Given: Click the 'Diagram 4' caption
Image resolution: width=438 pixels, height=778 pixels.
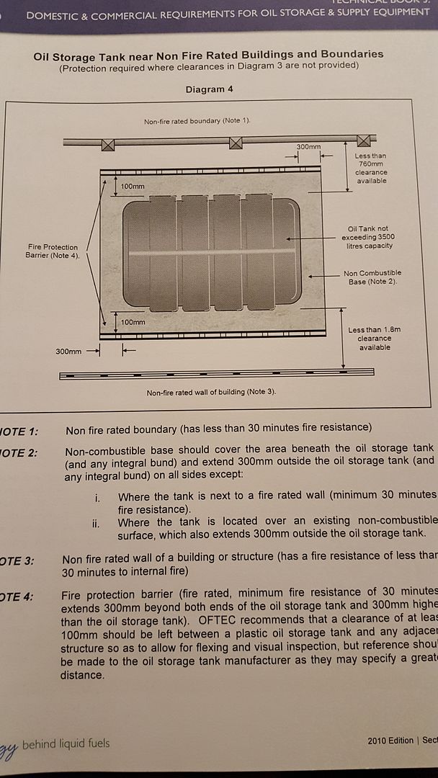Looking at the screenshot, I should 208,90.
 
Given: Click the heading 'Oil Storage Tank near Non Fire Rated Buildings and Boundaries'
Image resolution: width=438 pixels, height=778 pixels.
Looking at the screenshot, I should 208,54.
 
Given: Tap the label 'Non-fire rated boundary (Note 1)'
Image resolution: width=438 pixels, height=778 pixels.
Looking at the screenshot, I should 197,121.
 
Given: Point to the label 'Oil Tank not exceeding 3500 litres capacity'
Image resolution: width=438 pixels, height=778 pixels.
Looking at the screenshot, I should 367,238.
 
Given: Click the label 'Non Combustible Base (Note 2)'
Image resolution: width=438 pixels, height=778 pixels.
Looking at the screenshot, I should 372,277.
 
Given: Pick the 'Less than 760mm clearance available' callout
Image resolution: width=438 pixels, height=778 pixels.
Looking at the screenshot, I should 372,168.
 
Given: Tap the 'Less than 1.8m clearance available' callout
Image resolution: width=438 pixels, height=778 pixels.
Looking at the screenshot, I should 375,339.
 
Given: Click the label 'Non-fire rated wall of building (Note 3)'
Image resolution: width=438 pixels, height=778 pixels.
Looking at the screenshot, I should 211,393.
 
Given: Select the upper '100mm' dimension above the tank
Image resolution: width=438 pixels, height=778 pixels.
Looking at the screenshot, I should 133,187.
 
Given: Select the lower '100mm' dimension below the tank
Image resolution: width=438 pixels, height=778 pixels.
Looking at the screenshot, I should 133,321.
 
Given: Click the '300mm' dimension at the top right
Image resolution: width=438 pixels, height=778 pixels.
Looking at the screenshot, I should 308,147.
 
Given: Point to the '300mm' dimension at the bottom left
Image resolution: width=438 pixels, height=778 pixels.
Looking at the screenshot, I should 68,352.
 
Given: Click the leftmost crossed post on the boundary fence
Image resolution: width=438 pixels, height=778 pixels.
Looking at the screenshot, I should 108,144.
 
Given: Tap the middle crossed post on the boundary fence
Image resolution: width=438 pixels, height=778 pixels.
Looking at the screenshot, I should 236,143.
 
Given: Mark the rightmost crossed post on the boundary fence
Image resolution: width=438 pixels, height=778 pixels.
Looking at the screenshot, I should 364,140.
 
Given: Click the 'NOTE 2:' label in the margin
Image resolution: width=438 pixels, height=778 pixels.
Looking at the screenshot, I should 18,453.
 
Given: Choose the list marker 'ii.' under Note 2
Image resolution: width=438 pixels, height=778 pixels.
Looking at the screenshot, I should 96,523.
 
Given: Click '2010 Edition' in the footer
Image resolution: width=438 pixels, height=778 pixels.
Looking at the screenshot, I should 390,741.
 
